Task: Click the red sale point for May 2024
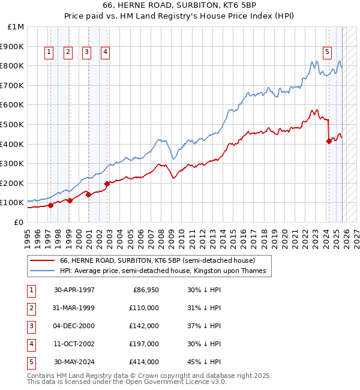coord(329,142)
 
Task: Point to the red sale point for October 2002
coord(107,184)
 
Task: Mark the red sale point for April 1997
coord(50,205)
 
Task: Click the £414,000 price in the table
coord(144,362)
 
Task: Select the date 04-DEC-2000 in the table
coord(74,326)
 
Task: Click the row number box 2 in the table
coord(31,308)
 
